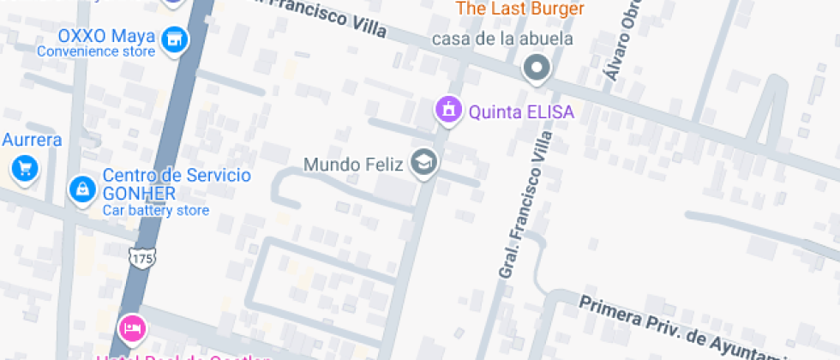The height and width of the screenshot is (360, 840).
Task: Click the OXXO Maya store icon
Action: [175, 39]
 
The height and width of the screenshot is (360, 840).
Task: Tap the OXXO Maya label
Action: [106, 37]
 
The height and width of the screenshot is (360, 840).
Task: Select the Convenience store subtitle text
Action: [96, 51]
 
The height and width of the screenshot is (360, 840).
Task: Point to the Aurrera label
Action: [32, 140]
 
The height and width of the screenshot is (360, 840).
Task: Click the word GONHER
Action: [139, 193]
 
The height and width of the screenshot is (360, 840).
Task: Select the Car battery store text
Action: [156, 210]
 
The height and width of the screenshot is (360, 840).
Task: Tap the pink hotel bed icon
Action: [133, 327]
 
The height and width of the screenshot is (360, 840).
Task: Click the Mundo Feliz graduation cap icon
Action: [423, 161]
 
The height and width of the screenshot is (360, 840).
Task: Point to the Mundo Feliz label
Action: [353, 163]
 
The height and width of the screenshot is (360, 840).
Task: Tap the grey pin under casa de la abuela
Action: [537, 66]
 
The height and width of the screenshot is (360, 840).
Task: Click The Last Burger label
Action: [519, 9]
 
